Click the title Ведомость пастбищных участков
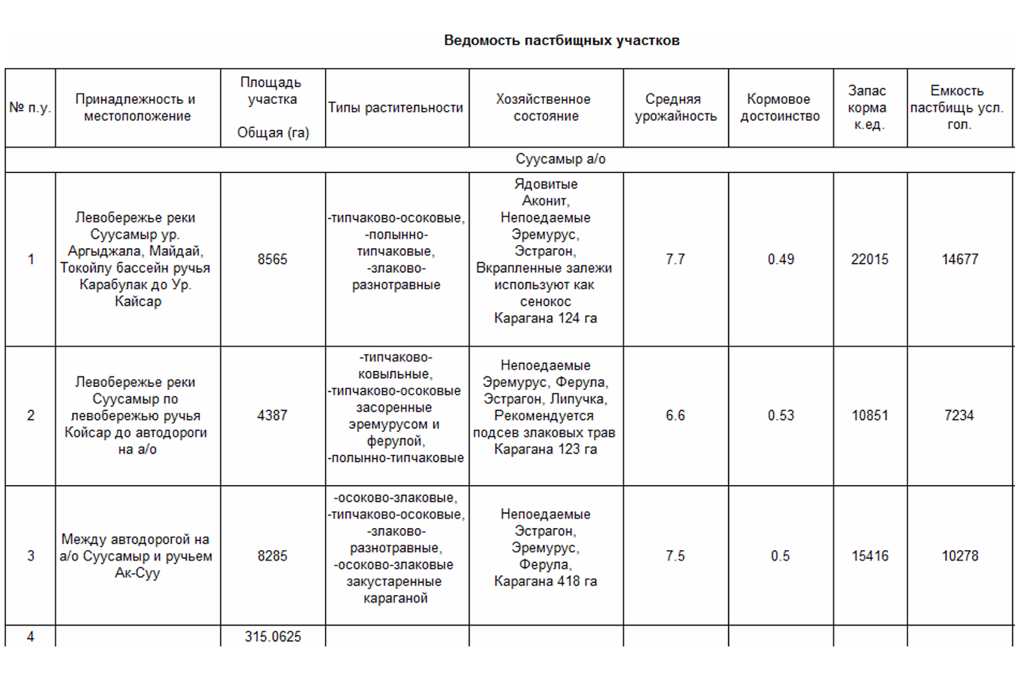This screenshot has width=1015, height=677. [561, 40]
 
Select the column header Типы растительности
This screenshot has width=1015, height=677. [396, 108]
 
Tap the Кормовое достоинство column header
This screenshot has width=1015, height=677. [780, 108]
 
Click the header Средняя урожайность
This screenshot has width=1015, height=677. [675, 108]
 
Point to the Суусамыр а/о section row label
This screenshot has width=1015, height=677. [560, 159]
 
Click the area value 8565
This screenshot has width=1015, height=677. [273, 259]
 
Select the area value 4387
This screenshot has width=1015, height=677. [273, 415]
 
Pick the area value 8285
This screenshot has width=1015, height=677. [273, 556]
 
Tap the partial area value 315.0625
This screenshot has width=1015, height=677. [273, 637]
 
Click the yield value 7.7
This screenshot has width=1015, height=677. [675, 259]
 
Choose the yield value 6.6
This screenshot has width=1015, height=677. [675, 415]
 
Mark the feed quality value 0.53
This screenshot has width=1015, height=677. [780, 415]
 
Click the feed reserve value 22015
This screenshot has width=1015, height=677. [870, 259]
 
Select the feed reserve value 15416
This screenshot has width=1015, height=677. [870, 556]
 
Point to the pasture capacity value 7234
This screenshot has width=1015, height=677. [959, 415]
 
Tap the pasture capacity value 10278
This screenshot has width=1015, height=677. [959, 556]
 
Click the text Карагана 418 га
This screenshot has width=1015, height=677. [546, 582]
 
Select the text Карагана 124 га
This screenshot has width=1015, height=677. [546, 319]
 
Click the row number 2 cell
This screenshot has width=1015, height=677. [31, 415]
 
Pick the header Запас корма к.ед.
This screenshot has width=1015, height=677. [870, 108]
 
